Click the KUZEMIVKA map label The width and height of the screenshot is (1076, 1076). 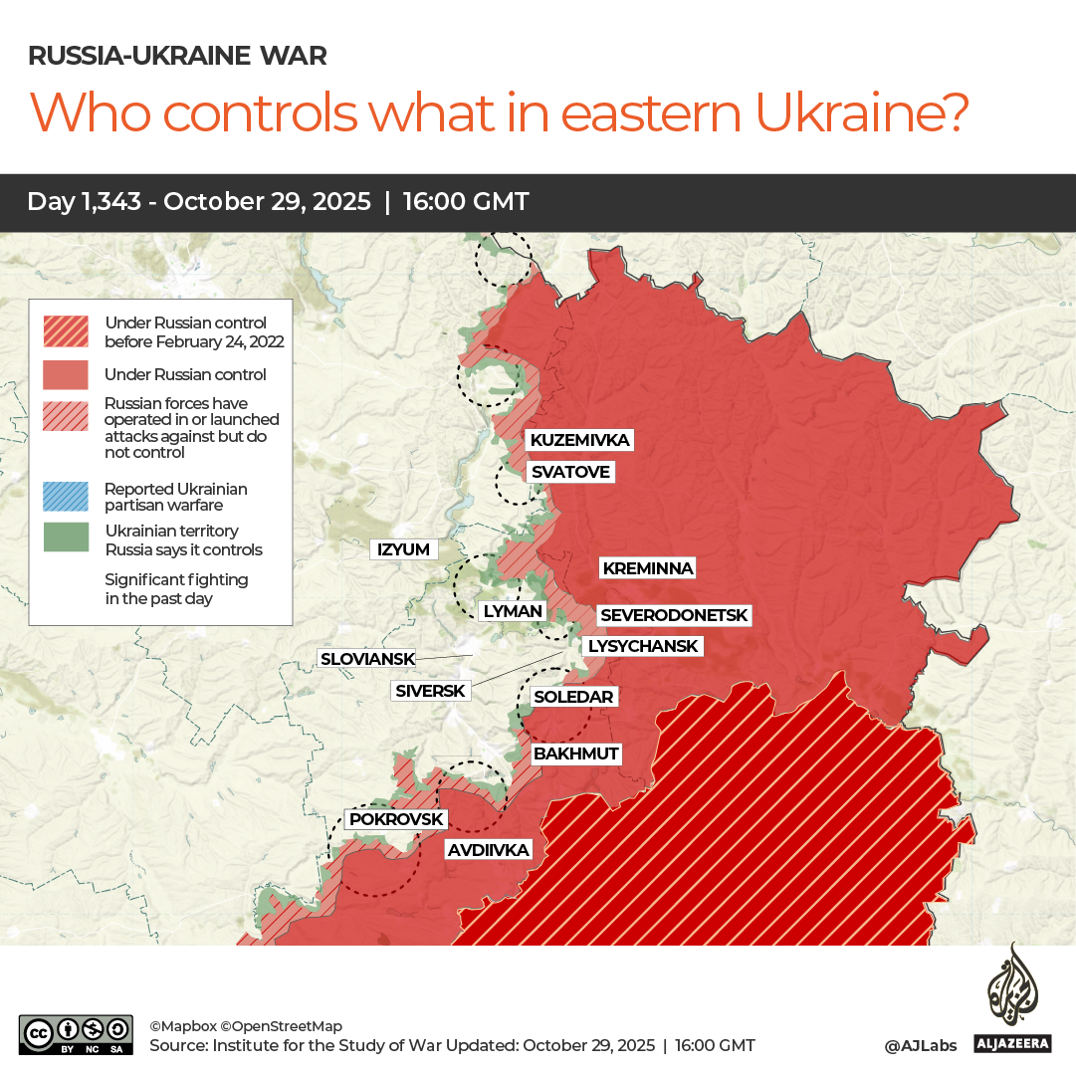pos(579,440)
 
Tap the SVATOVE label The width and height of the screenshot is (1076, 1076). pos(569,471)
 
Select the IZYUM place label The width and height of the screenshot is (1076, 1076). pos(403,549)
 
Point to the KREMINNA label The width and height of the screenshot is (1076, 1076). pos(647,568)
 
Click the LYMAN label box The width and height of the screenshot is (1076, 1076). pos(512,611)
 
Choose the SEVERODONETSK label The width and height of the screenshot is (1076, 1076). pos(673,615)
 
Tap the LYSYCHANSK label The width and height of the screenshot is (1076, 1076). pos(643,646)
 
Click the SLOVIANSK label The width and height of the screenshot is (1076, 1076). pos(366,658)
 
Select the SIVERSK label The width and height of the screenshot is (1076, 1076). pos(430,690)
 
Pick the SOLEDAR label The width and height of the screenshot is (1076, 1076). pos(573,697)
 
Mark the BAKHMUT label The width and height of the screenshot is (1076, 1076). pos(575,753)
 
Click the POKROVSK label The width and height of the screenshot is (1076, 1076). pos(395,819)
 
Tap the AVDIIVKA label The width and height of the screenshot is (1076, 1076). pos(488,850)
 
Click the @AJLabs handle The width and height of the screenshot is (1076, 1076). pos(920,1045)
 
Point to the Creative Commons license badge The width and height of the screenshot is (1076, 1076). pos(76,1034)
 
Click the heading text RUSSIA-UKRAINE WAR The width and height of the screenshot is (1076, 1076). pos(177,56)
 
